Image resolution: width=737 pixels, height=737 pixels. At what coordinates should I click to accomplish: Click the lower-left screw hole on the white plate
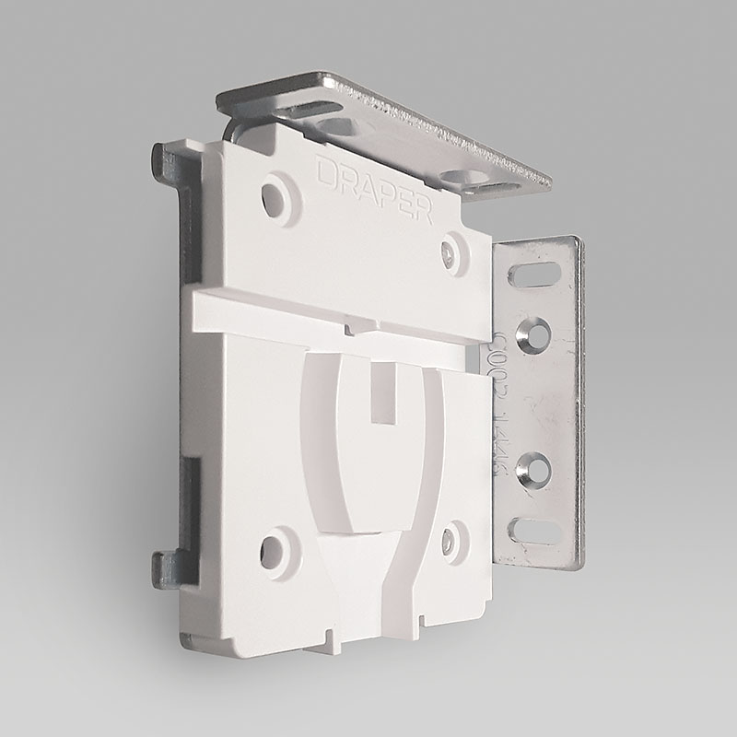273,552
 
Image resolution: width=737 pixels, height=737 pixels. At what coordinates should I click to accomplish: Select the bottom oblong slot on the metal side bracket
537,530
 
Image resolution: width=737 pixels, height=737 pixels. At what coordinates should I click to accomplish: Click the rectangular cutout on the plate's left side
190,479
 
